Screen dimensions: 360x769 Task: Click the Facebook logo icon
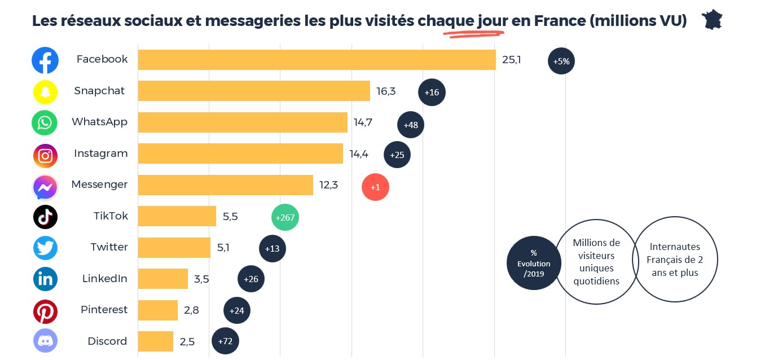point(45,60)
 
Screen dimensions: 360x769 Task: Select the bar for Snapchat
point(254,91)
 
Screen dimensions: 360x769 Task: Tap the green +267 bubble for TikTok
point(285,218)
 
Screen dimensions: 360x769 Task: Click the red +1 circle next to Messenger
point(375,187)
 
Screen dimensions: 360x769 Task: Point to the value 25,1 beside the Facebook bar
point(511,59)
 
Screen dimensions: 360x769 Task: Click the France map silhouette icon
point(712,20)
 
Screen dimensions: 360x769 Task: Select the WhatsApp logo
point(45,122)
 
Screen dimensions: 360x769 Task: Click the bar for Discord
point(156,341)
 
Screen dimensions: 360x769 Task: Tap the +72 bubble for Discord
point(225,341)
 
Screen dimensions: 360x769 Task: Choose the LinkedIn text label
point(105,278)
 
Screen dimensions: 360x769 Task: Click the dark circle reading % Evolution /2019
point(534,263)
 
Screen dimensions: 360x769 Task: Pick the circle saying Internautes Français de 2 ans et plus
point(675,260)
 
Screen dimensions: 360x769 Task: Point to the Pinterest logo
point(45,311)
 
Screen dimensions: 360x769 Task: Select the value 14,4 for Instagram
point(359,153)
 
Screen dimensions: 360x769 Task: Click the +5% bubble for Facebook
point(561,61)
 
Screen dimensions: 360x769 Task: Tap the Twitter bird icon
point(45,248)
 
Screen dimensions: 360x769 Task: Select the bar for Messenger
point(226,185)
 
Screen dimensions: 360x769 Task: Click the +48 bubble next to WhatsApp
point(411,125)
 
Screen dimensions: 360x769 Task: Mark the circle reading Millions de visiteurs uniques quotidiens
point(596,261)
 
